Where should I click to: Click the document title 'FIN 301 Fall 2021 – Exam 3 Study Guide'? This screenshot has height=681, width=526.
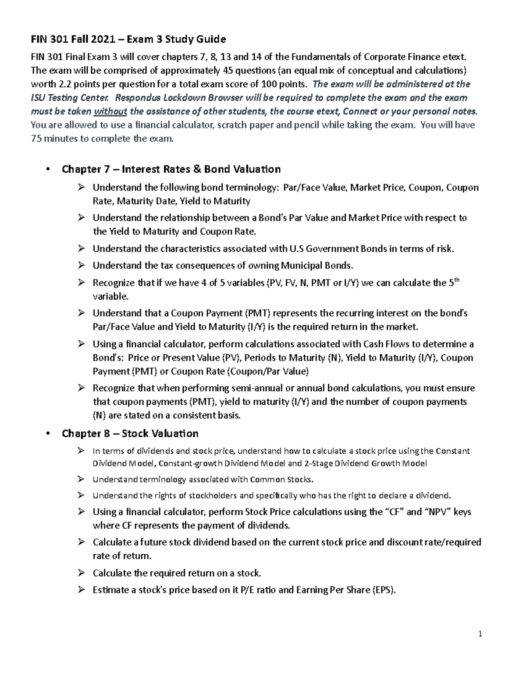click(128, 39)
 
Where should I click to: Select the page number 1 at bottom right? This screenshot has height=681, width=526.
click(480, 634)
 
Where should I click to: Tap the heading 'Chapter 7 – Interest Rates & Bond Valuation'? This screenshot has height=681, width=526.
click(171, 169)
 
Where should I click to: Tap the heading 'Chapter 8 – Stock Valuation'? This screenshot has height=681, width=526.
click(130, 434)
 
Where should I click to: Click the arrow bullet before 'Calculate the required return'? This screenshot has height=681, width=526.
click(81, 573)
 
